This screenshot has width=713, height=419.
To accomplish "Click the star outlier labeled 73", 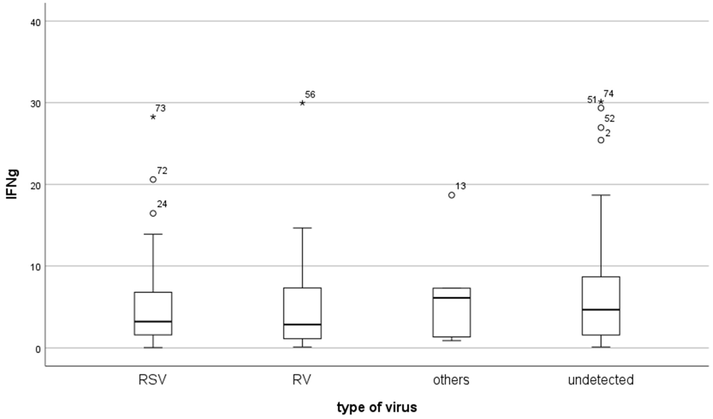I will (153, 117).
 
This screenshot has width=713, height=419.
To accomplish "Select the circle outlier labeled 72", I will (153, 179).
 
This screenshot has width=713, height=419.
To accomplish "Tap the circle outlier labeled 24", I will (153, 213).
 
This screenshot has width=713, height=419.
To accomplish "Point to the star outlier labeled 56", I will (302, 103).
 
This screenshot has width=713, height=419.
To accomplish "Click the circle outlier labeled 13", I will (452, 195).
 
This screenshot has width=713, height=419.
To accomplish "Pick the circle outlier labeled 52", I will (601, 128).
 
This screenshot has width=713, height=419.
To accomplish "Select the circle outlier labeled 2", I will (601, 140).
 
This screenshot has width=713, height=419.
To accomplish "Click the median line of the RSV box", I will (153, 322).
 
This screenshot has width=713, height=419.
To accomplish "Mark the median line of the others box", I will (452, 298).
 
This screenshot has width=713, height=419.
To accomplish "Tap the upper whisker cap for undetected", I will (601, 195).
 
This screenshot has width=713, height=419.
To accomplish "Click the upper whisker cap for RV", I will (302, 228).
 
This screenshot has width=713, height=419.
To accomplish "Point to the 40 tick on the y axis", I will (35, 22).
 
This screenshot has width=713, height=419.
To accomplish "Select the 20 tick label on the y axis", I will (35, 185).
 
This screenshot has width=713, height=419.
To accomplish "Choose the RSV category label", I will (153, 380).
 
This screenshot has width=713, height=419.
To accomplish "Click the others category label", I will (451, 380).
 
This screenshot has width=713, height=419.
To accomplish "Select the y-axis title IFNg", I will (12, 185).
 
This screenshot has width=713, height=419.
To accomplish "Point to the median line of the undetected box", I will (601, 310).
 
